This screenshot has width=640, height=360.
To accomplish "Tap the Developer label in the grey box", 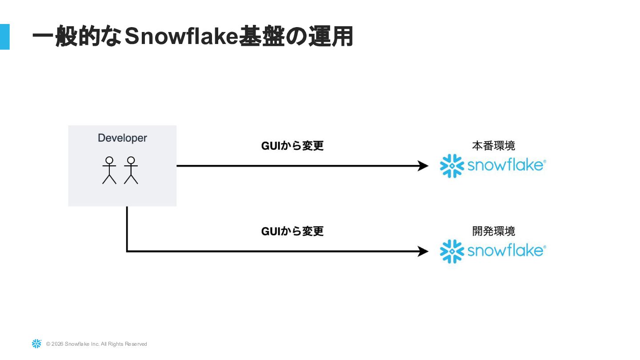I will point(122,138).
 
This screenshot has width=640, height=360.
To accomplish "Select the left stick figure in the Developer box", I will point(109,170).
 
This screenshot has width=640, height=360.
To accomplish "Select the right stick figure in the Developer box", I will point(131,170).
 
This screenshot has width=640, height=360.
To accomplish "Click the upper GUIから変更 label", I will point(292,146).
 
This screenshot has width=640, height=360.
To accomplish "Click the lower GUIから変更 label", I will point(292,231).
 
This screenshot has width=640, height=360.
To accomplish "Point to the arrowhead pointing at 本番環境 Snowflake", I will point(424,166).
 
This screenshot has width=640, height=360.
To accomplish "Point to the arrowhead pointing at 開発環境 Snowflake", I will point(424,252).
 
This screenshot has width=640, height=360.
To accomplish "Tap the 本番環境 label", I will point(493,146).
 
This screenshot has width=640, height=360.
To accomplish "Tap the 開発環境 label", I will point(493,231).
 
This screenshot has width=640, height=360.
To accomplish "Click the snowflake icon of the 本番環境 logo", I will point(452,166).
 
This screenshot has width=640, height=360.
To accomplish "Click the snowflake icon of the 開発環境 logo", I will point(452,252).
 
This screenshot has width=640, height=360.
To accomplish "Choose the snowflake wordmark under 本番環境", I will point(506,165).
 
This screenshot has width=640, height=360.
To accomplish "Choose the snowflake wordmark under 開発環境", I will point(506,251).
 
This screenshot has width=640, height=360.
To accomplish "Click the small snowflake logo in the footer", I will point(36,344).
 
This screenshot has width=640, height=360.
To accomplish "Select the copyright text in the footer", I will point(96,344).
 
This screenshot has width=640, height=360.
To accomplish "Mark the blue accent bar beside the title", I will point(4,36).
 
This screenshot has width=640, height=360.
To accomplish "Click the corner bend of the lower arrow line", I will point(127,252).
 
